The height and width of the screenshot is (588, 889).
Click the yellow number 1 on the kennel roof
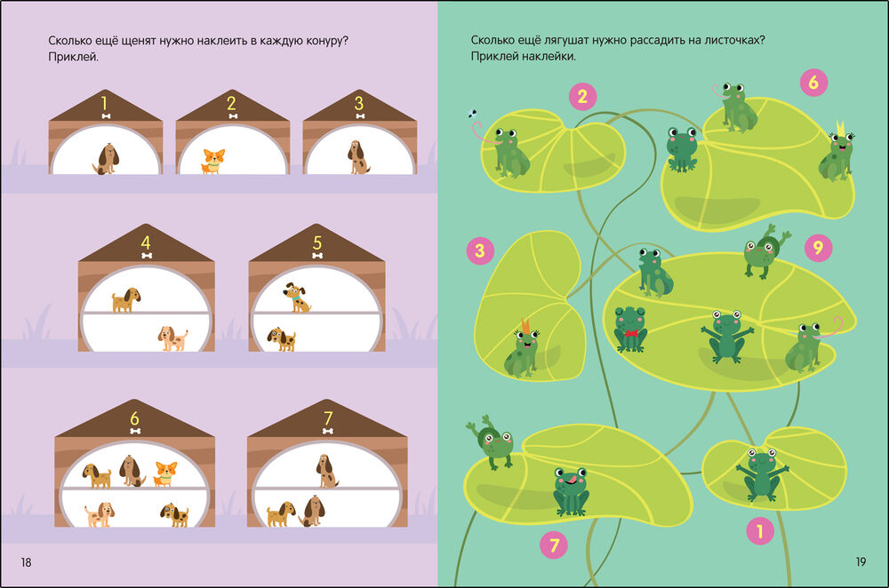(x=104, y=103)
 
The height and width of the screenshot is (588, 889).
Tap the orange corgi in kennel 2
(x=213, y=161)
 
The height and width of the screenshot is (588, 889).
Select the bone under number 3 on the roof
(x=360, y=116)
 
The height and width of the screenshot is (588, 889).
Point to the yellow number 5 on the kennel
(x=317, y=243)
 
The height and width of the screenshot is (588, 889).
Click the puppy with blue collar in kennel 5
(x=297, y=298)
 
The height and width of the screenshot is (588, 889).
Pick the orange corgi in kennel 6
(x=165, y=474)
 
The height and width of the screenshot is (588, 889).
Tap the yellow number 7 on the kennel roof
(x=328, y=418)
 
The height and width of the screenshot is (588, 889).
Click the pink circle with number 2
(x=582, y=97)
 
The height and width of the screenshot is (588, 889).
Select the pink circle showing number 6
(x=813, y=83)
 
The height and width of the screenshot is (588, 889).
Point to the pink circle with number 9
(x=818, y=248)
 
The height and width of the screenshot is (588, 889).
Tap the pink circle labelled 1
(x=760, y=531)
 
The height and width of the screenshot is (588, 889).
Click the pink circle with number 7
(x=554, y=545)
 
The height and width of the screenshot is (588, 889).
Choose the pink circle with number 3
(x=480, y=250)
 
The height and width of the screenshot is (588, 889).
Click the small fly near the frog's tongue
(x=472, y=114)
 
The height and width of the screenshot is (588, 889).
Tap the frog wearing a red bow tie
(x=630, y=330)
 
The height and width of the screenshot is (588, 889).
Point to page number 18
(x=26, y=562)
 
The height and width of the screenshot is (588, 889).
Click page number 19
(x=861, y=561)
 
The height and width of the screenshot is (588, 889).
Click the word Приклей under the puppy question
(x=73, y=57)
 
